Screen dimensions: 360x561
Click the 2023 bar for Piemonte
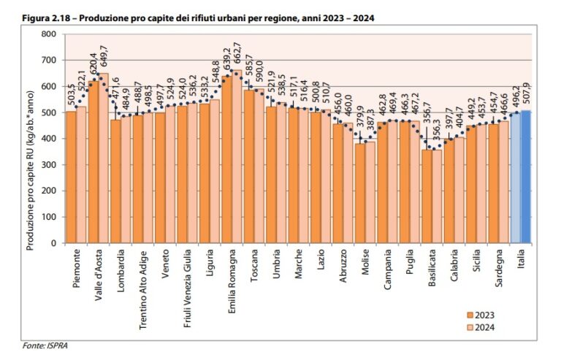(x=71, y=177)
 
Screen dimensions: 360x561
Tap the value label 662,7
(x=237, y=56)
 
